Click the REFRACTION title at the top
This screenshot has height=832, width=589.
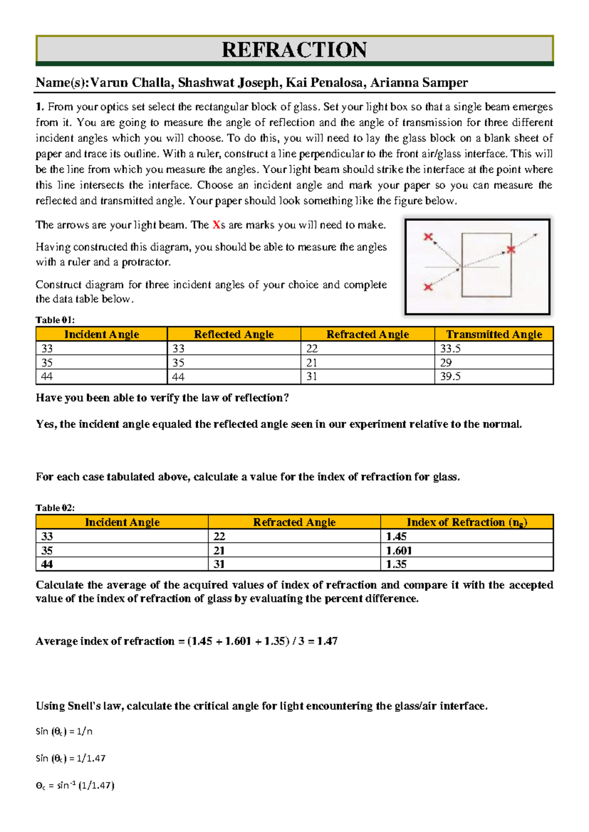(294, 50)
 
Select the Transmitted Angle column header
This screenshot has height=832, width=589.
(494, 334)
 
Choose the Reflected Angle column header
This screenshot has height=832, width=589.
(234, 334)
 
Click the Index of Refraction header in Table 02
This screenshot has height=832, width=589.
(466, 522)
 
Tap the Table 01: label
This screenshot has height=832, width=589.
(55, 320)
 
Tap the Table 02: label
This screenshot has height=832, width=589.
(55, 508)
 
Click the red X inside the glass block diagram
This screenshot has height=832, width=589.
(511, 250)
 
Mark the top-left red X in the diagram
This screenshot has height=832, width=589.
(428, 237)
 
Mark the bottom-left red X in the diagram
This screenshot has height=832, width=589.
(428, 287)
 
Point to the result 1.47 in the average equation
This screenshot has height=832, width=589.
(327, 641)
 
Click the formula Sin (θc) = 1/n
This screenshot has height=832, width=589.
(64, 731)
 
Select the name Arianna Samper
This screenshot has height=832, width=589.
(419, 82)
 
